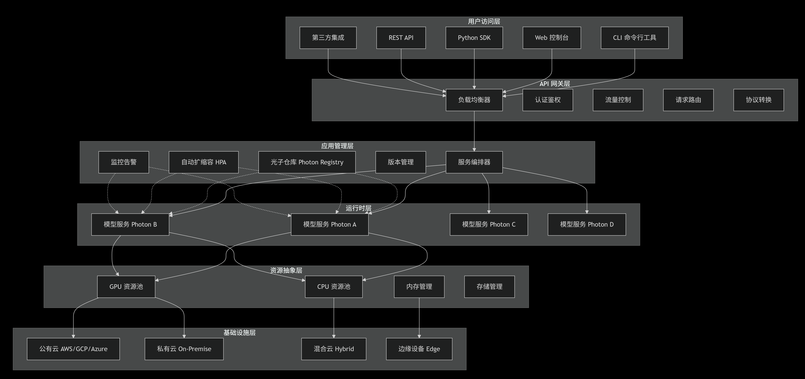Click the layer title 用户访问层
point(484,21)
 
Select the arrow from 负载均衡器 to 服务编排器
point(474,131)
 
